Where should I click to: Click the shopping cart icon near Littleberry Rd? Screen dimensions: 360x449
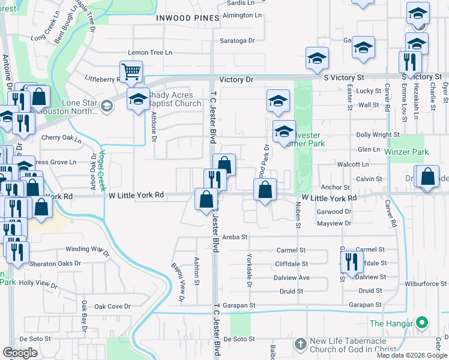pyautogui.click(x=131, y=71)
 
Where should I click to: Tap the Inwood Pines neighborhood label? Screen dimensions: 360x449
pyautogui.click(x=187, y=18)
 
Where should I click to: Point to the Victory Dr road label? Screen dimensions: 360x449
pyautogui.click(x=237, y=79)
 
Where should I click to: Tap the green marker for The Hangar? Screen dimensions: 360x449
pyautogui.click(x=422, y=323)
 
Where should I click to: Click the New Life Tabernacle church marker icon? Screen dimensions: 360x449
pyautogui.click(x=301, y=344)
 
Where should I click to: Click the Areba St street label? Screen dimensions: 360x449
pyautogui.click(x=235, y=237)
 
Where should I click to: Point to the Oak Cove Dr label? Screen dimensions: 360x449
pyautogui.click(x=113, y=307)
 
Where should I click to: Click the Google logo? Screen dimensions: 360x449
pyautogui.click(x=20, y=353)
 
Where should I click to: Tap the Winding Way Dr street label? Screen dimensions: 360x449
pyautogui.click(x=87, y=250)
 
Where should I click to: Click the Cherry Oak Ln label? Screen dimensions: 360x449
pyautogui.click(x=61, y=138)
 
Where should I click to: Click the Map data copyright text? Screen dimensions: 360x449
pyautogui.click(x=412, y=355)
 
